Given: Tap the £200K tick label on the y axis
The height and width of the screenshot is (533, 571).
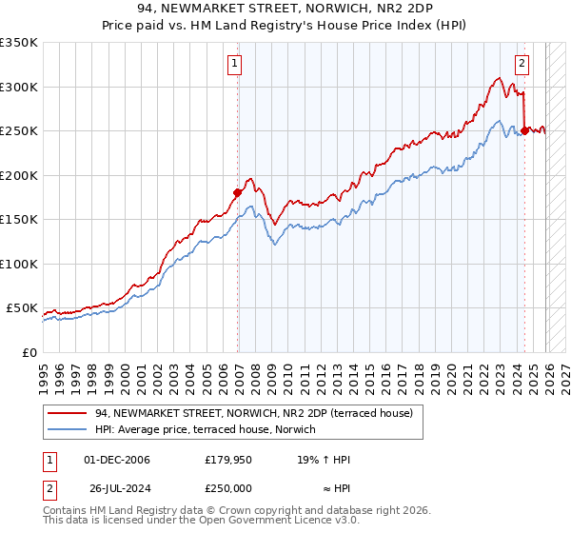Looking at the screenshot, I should pyautogui.click(x=18, y=175).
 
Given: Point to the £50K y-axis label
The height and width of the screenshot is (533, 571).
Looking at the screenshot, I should pyautogui.click(x=21, y=308).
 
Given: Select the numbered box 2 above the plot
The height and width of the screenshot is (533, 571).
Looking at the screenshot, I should pyautogui.click(x=522, y=64).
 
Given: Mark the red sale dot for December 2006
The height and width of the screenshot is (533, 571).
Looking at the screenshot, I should pyautogui.click(x=238, y=192).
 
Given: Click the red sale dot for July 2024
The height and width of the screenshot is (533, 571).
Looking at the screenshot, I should pyautogui.click(x=524, y=130).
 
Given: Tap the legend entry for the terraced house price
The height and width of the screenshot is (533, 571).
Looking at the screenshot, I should pyautogui.click(x=253, y=413).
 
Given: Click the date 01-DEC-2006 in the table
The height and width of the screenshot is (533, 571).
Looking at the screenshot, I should pyautogui.click(x=117, y=460).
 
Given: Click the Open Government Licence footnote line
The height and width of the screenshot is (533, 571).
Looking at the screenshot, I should pyautogui.click(x=202, y=522).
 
